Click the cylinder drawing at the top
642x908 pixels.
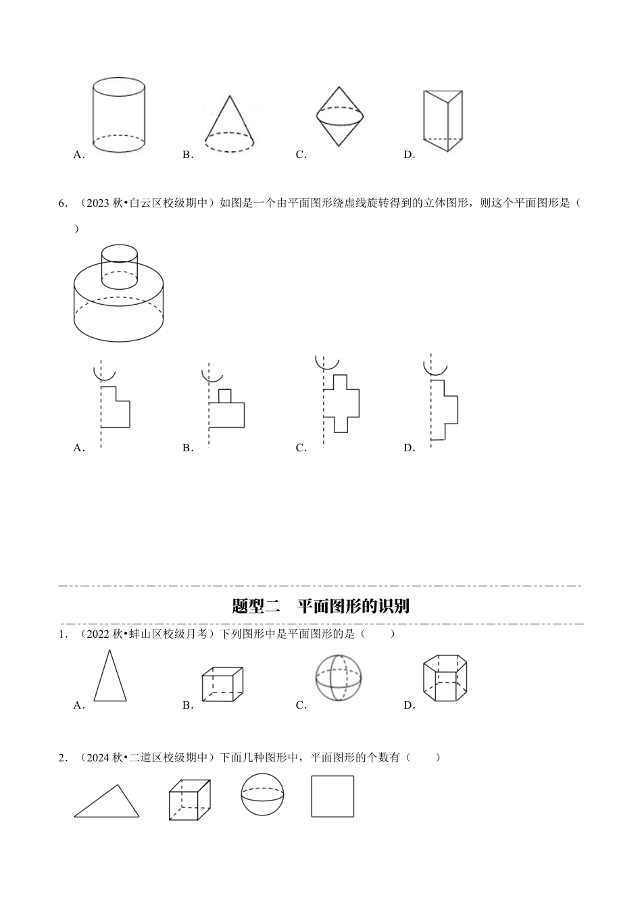point(118,116)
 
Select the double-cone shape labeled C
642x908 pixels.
point(339,116)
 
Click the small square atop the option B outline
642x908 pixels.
point(225,396)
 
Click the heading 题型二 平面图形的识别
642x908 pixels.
point(320,605)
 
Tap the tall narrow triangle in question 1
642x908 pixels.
point(109,678)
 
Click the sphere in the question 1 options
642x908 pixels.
point(338,678)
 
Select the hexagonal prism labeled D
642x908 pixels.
point(445,678)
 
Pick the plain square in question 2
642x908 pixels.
point(332,796)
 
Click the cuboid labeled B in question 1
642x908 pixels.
point(222,684)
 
